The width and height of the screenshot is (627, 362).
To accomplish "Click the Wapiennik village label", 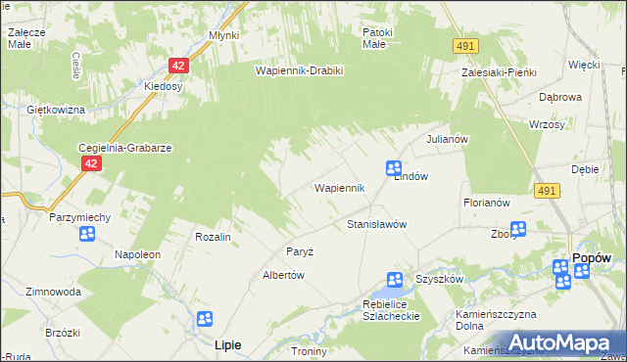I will click(339, 187).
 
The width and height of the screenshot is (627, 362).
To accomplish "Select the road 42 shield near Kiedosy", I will click(178, 66).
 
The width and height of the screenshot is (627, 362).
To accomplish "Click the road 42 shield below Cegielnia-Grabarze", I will click(91, 164).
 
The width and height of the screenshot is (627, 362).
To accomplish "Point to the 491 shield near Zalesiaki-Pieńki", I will click(466, 46).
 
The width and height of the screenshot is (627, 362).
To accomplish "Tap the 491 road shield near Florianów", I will click(548, 193).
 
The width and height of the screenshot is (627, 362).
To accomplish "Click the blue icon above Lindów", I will click(394, 168).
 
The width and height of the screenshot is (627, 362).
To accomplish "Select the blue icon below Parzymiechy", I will click(87, 234).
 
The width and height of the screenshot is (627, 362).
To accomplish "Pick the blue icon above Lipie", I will click(205, 319).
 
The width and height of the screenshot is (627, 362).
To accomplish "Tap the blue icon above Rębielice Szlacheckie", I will click(394, 280).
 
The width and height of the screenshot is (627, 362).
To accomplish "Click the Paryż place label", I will click(299, 251).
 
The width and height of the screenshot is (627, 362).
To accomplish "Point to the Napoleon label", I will click(137, 254).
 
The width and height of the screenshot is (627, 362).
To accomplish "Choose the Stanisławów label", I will click(377, 224).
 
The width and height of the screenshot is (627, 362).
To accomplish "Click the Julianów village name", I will click(449, 139).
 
